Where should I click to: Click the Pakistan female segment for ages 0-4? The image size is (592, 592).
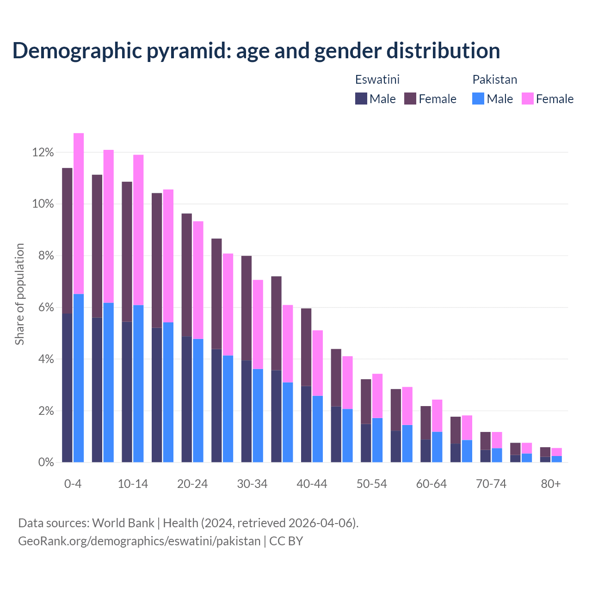(x=79, y=213)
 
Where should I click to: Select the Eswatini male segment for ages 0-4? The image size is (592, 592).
(x=67, y=388)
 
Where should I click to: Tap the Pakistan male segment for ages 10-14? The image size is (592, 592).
(x=138, y=383)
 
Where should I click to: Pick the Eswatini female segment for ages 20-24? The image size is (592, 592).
(x=186, y=275)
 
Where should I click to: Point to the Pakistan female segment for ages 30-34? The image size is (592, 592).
(x=258, y=324)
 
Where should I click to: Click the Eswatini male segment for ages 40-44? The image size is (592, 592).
(x=306, y=424)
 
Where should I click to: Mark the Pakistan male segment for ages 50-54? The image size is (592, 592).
(x=377, y=440)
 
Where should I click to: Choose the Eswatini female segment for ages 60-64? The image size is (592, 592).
(x=425, y=423)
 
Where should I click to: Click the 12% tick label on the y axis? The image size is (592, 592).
(x=43, y=153)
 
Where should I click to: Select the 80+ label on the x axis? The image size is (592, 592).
(x=551, y=484)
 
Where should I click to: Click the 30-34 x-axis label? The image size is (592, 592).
(x=252, y=484)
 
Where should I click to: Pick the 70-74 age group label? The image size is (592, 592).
(x=491, y=484)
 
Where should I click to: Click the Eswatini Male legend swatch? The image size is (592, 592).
(x=361, y=99)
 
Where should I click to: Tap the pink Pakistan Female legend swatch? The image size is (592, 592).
(x=528, y=99)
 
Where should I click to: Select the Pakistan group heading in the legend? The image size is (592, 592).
(x=494, y=80)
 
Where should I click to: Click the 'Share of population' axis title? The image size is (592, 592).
(x=20, y=294)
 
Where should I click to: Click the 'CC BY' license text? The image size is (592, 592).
(x=286, y=541)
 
